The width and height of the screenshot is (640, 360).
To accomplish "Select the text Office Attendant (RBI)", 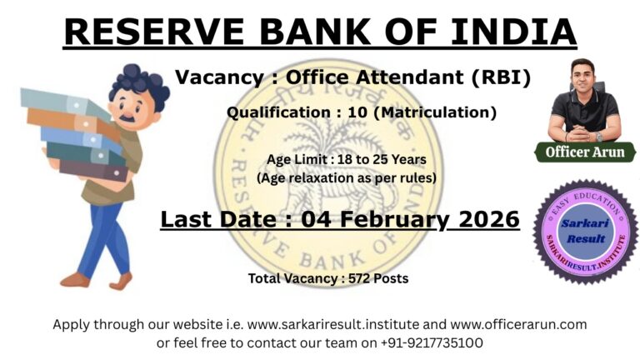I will coord(408,77).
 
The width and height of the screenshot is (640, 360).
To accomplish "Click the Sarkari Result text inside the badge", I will coord(585,232).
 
